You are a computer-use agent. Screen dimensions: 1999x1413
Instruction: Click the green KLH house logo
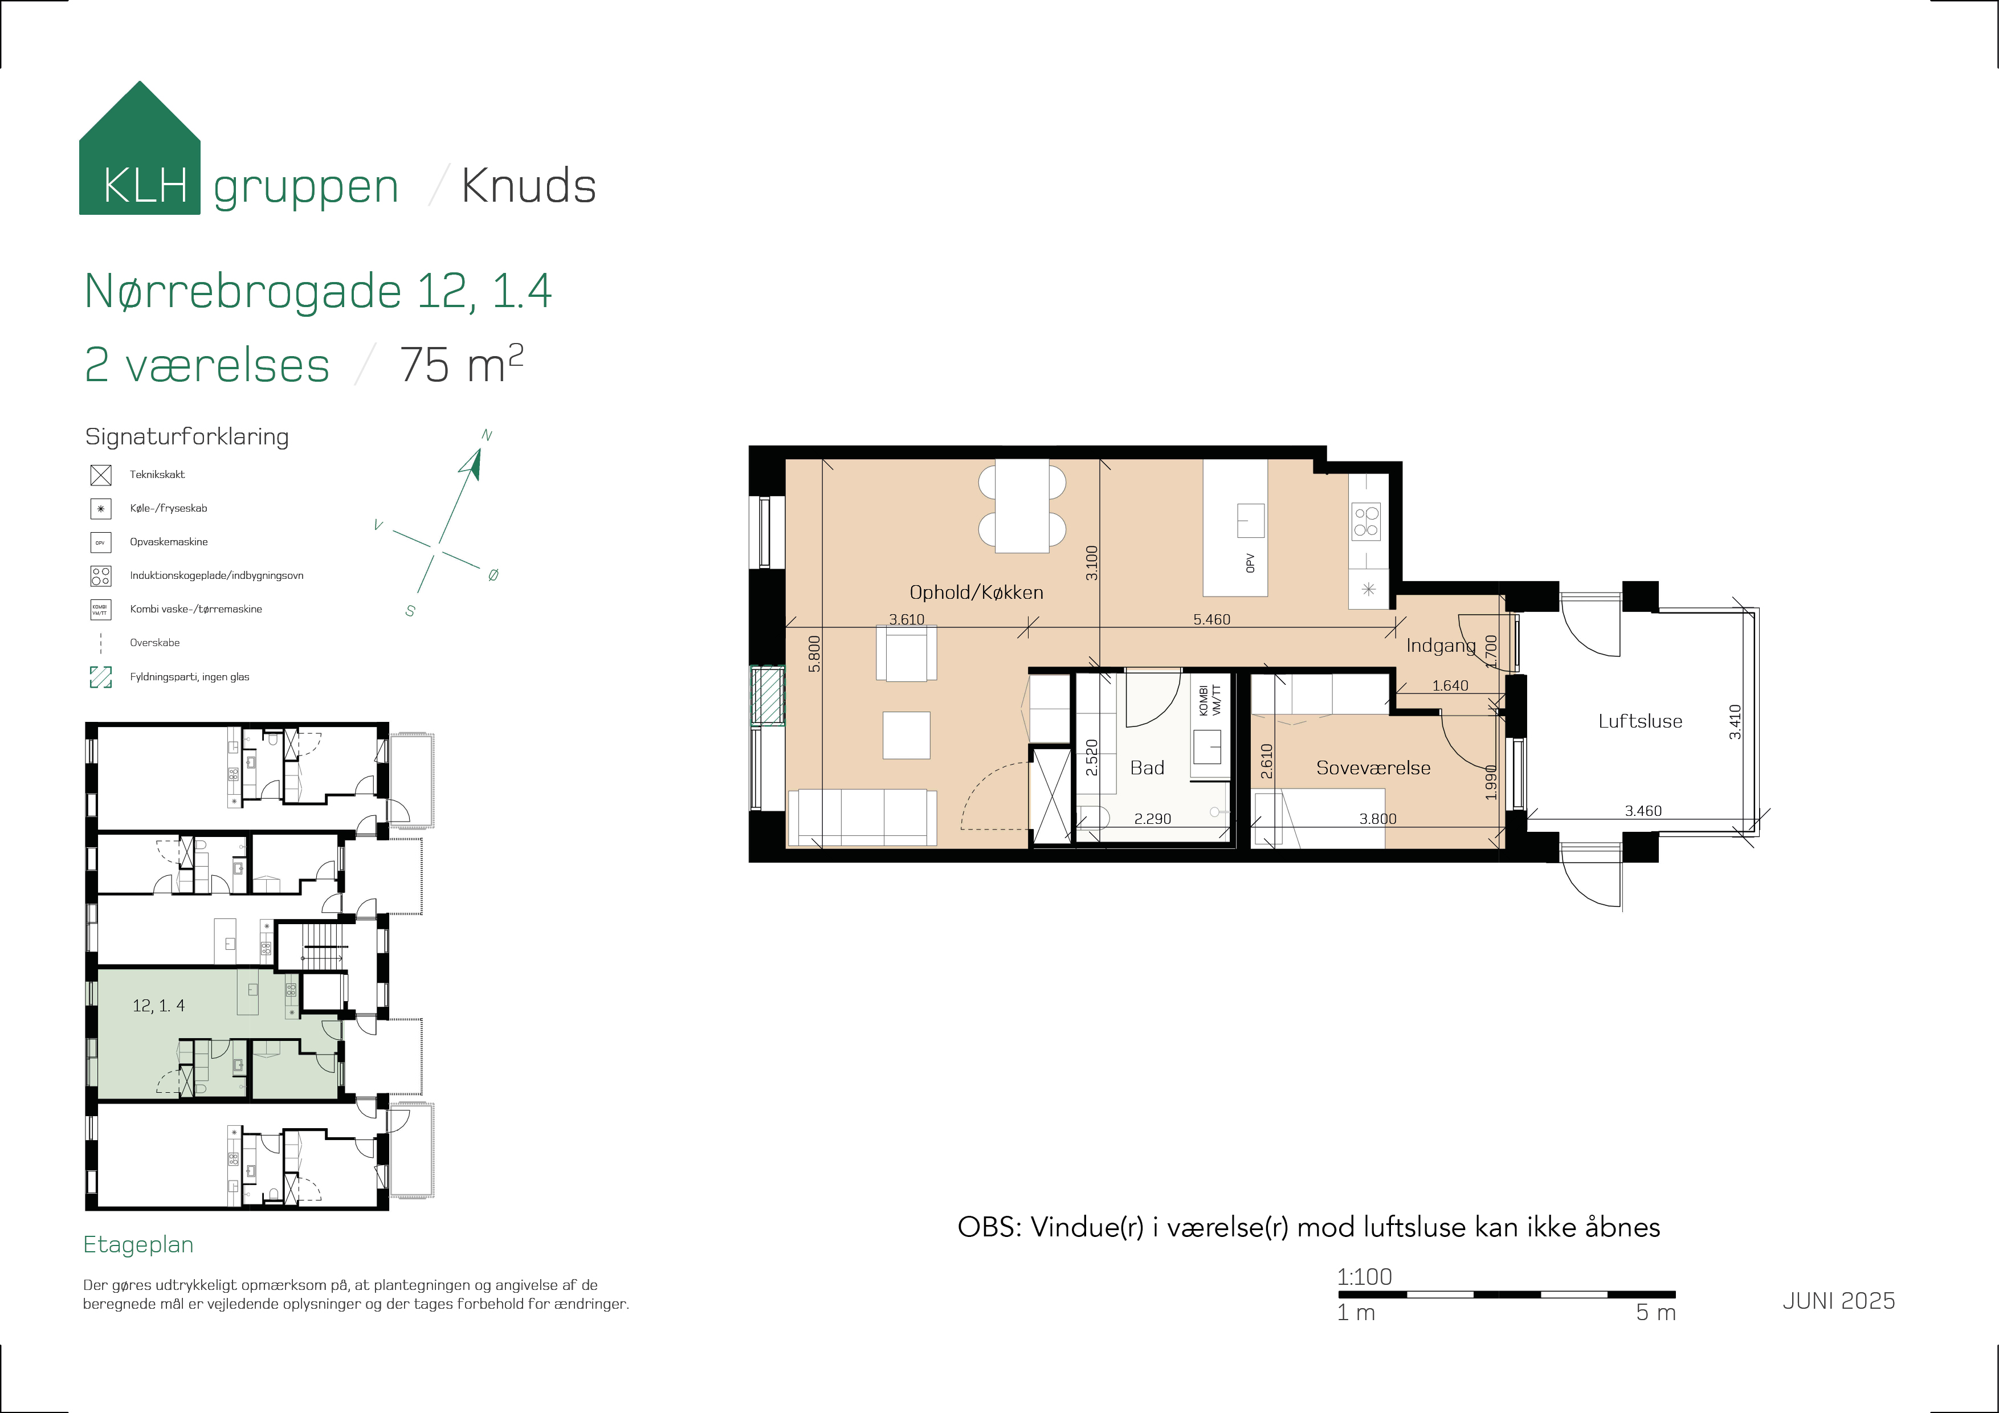tap(139, 148)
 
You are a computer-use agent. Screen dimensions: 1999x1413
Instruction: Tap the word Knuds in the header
tap(528, 185)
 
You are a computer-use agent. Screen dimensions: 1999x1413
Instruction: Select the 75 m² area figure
tap(462, 364)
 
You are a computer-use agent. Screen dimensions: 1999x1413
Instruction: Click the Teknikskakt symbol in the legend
tap(101, 475)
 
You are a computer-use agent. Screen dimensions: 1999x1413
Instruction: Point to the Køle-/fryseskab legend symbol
tap(101, 508)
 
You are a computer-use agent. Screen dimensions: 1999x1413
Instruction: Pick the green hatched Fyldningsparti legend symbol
tap(101, 676)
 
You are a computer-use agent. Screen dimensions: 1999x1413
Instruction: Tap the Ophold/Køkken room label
tap(976, 592)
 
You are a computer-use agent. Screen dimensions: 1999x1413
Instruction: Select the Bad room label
tap(1147, 767)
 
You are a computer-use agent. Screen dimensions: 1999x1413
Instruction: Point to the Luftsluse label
tap(1641, 721)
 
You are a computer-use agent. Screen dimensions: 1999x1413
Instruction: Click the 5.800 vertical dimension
tap(814, 654)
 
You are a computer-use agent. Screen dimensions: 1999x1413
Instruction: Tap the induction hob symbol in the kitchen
tap(1365, 521)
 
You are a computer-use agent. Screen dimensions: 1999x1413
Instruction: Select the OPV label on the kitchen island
tap(1250, 563)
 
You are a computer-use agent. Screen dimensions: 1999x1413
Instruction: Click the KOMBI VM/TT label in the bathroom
tap(1209, 701)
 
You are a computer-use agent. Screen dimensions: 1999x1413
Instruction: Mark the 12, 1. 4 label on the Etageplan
tap(158, 1006)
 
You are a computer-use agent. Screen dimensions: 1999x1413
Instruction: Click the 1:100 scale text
tap(1364, 1276)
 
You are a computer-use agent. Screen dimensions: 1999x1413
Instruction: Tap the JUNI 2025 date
tap(1839, 1301)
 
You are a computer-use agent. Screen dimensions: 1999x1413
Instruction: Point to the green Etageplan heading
tap(138, 1245)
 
